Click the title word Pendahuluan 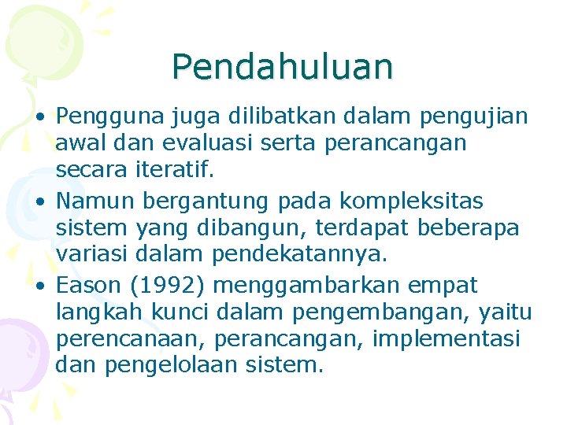(x=282, y=67)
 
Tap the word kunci (x=181, y=312)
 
